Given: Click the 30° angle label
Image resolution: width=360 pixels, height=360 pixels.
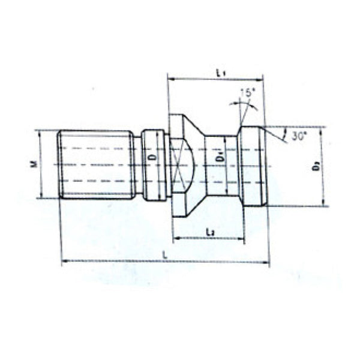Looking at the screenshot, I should (x=299, y=136).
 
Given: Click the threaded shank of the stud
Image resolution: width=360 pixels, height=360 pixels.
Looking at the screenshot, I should (x=96, y=164).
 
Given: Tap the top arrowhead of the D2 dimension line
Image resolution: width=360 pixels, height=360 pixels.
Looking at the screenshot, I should (x=323, y=129).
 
